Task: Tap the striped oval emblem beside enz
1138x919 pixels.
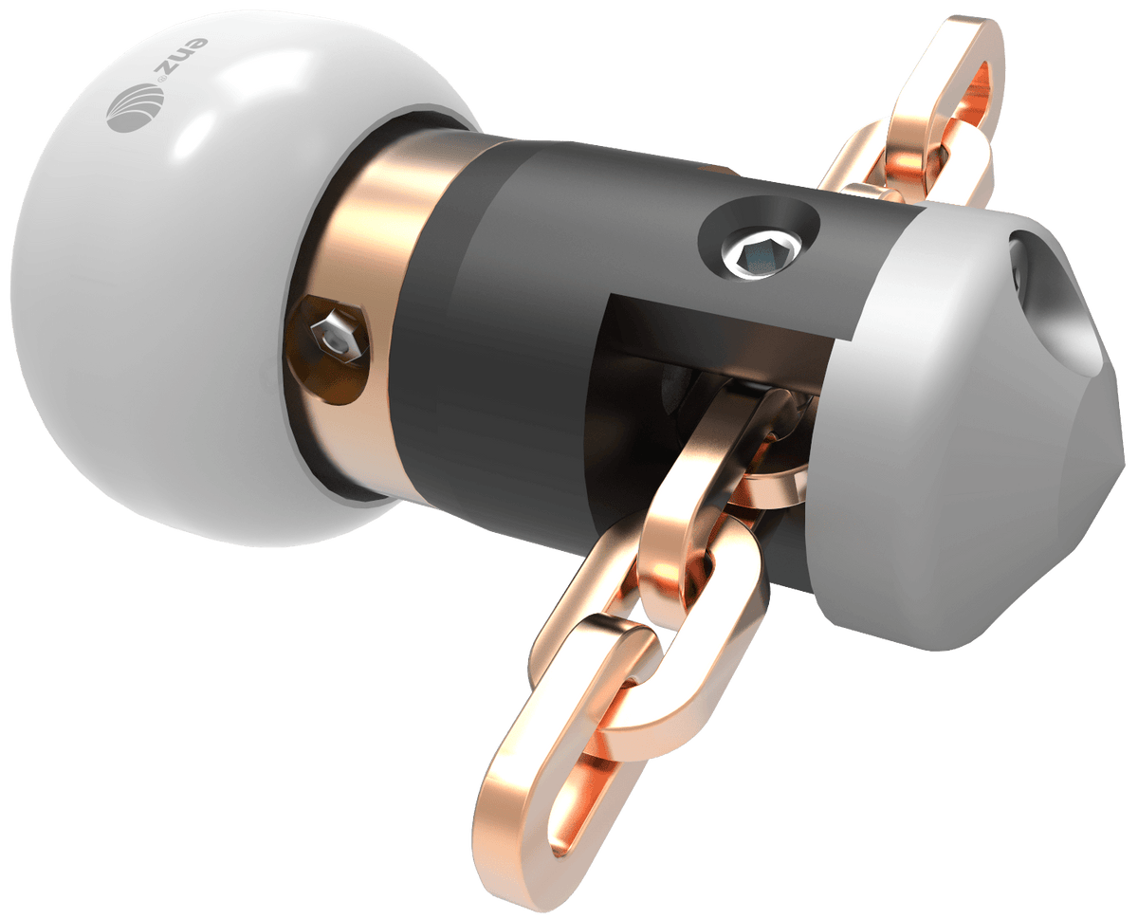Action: point(128,107)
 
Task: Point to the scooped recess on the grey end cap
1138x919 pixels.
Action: point(1053,313)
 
